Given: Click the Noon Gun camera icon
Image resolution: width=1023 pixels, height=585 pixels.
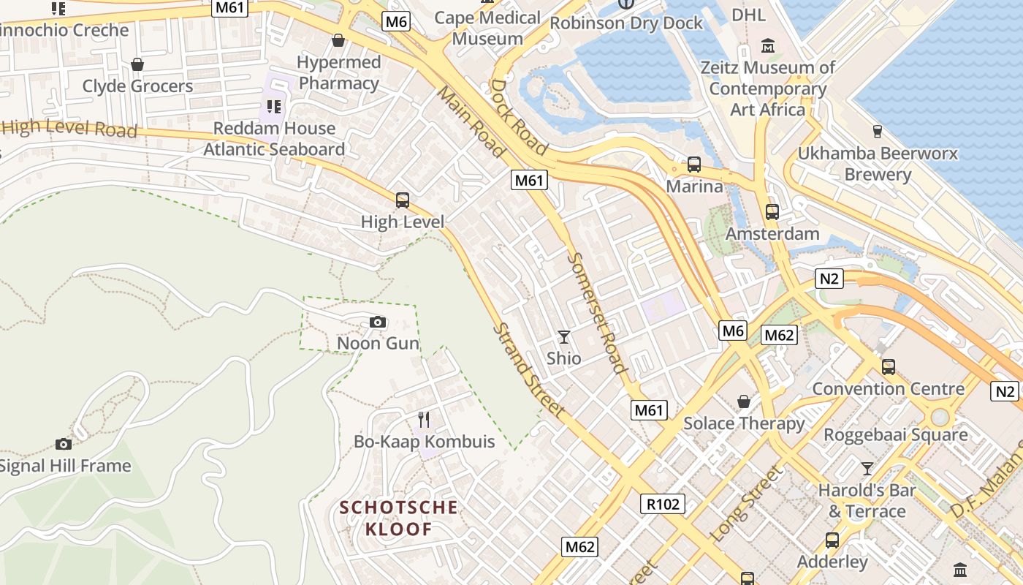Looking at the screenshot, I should click(378, 322).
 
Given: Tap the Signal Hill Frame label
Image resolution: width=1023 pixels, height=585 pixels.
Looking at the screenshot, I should click(66, 466).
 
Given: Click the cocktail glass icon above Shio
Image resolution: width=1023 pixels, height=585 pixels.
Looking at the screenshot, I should click(564, 336).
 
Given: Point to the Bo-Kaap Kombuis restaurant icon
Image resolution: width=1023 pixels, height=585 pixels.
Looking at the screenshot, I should click(424, 419).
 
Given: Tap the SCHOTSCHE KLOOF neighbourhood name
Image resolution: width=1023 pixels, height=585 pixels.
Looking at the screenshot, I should click(398, 518).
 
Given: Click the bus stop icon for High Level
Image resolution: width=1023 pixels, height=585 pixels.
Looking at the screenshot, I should click(402, 200).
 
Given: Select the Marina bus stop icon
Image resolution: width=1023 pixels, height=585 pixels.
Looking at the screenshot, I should click(694, 165).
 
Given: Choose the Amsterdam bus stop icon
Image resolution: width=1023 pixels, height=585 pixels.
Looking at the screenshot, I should click(772, 212).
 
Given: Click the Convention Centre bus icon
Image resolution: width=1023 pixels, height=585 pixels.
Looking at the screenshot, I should click(889, 366).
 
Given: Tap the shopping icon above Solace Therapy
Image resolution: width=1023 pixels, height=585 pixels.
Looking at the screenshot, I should click(744, 401).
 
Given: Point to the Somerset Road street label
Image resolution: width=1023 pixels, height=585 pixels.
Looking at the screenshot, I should click(597, 313).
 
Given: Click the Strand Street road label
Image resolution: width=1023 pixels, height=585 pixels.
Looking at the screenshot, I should click(528, 370).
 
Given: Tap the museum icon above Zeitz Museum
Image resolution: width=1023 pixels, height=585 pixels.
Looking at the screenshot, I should click(768, 46).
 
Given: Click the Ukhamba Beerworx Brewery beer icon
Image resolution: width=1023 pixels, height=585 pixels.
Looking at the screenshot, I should click(878, 132).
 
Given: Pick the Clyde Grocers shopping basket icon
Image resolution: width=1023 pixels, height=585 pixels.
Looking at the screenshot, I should click(137, 64).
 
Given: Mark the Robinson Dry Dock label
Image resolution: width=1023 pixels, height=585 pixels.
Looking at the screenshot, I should click(626, 23).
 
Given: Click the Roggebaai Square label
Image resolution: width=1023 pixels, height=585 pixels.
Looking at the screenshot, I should click(895, 434).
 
